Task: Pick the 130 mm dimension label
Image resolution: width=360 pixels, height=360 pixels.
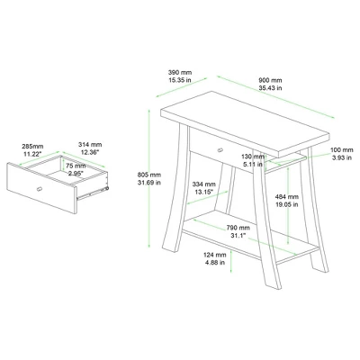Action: point(253,156)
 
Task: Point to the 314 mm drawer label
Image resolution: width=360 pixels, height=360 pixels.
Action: point(91,145)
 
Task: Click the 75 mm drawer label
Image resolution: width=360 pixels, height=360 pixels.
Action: point(76,166)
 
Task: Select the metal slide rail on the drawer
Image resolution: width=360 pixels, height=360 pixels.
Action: point(94,189)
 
